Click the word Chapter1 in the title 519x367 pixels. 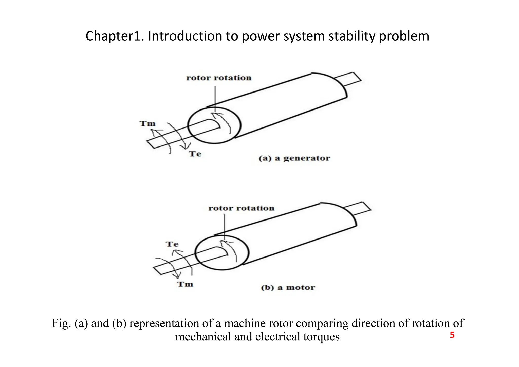pos(115,36)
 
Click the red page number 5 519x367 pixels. pos(452,335)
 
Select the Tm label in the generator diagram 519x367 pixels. pos(147,124)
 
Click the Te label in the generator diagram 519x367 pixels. pos(195,154)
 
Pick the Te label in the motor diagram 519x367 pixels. pos(172,244)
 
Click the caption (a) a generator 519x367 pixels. pos(294,158)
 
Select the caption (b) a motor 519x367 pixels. pos(288,288)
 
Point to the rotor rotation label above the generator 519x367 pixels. pos(219,78)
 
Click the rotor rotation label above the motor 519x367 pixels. pos(241,208)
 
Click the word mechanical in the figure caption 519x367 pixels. pos(203,337)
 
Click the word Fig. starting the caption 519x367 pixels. pos(61,323)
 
